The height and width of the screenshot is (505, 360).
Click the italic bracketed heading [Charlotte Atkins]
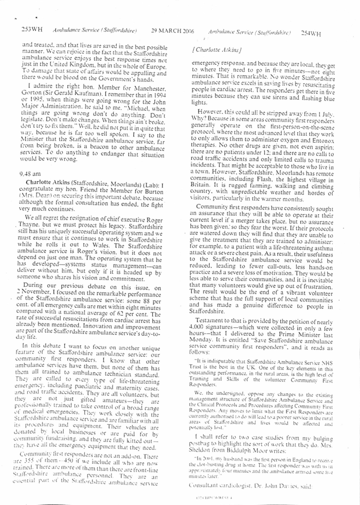[x=211, y=51]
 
